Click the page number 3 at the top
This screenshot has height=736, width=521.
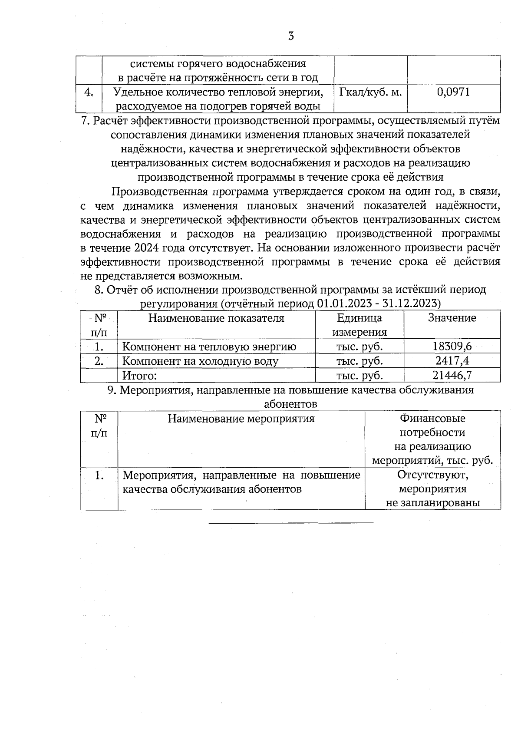coord(291,36)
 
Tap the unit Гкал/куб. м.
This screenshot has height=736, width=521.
coord(370,92)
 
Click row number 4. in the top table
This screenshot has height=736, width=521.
coord(89,92)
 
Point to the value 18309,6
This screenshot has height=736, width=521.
coord(452,347)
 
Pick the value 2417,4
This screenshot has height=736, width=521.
coord(452,361)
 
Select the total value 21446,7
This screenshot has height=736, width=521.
coord(452,375)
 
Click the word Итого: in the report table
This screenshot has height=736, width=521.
coord(139,375)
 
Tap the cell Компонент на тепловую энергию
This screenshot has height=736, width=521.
coord(209,347)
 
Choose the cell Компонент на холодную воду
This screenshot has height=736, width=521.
coord(200,361)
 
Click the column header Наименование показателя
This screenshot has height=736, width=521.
coord(216,318)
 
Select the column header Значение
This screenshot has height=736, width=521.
coord(452,318)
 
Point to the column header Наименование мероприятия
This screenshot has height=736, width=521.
coord(241,419)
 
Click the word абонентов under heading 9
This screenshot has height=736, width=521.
coord(290,404)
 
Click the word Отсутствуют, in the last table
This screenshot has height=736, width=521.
coord(432,475)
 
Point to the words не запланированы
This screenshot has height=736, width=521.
coord(432,503)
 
